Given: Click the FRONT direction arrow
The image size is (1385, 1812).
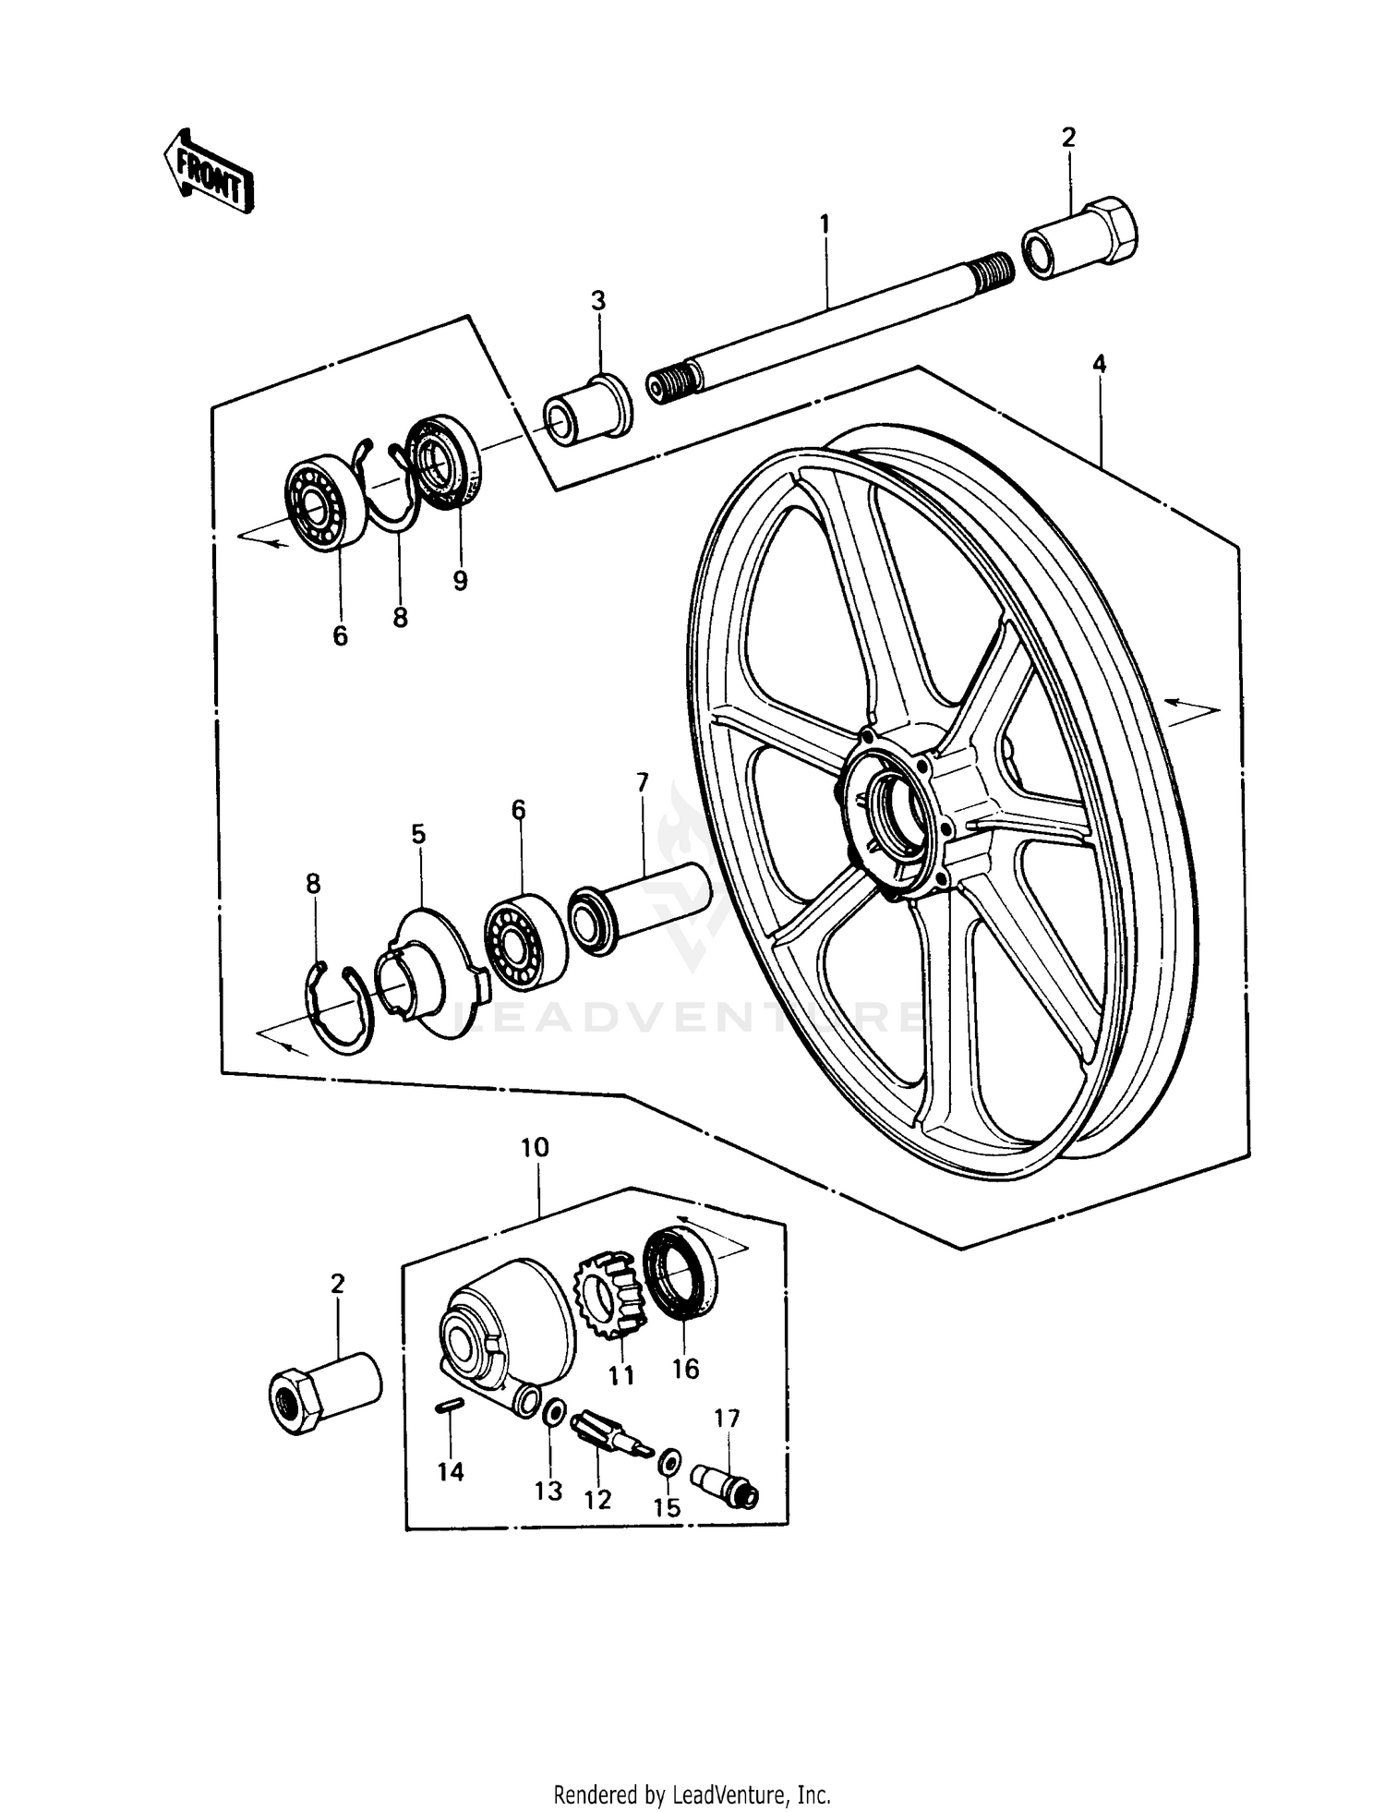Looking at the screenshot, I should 208,172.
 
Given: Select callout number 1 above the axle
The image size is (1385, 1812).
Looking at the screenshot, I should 825,223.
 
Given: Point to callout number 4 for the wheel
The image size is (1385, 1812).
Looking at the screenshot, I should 1099,364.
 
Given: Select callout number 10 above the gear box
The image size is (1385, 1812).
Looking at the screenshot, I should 535,1147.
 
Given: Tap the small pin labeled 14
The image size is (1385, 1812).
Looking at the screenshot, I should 449,1406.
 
